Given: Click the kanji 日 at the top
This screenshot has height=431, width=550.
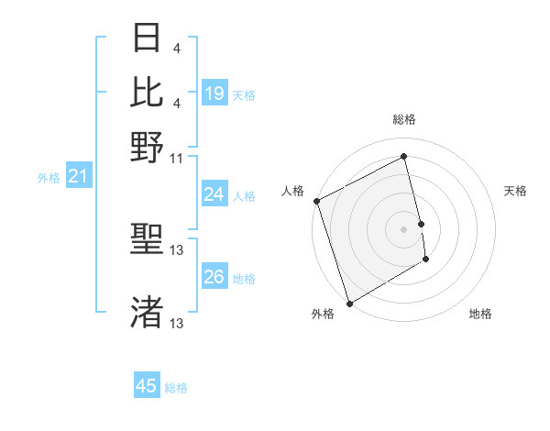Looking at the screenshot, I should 148,39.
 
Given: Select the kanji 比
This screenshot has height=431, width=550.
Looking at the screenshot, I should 148,92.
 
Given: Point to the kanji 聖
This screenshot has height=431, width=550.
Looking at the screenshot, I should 148,241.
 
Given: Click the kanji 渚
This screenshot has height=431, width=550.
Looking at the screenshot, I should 148,312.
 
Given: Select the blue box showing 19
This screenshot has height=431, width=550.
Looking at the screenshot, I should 214,94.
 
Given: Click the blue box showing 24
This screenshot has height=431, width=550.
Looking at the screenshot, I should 214,194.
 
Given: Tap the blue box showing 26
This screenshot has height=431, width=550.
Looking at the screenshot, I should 214,277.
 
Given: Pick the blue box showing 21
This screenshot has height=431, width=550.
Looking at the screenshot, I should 77,176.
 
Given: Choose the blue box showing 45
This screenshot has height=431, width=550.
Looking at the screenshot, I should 147,386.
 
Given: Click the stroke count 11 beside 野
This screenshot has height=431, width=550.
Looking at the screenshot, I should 177,158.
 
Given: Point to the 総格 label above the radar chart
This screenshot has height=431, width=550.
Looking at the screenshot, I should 404,119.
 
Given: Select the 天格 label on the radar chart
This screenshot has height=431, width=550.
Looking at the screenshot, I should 516,191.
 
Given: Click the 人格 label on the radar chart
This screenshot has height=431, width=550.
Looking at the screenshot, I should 293,191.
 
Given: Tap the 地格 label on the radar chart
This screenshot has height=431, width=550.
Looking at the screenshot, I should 480,314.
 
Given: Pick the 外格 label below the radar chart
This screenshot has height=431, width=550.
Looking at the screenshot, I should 323,314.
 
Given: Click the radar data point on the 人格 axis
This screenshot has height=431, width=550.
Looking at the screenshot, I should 316,201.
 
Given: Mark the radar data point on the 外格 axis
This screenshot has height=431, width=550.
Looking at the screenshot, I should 349,304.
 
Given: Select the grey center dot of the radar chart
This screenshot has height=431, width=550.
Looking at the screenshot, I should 404,229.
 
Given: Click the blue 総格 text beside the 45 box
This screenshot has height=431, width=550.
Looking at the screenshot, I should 176,388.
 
